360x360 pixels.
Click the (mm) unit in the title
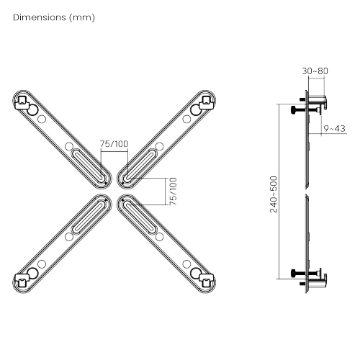coord(81,17)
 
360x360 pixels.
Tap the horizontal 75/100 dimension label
coord(114,144)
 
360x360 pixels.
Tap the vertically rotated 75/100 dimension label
coord(172,192)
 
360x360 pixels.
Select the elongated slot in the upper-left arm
coord(89,162)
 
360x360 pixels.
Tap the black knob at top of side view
coord(297,110)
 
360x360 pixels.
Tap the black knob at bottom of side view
coord(297,274)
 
